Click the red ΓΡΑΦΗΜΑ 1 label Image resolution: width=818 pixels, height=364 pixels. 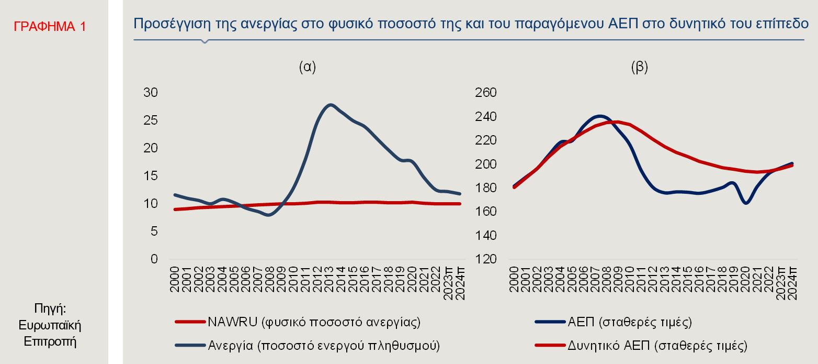tap(50, 27)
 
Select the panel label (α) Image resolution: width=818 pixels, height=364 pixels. tap(307, 67)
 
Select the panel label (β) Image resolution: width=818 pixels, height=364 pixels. tap(639, 67)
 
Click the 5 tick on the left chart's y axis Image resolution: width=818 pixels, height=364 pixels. tap(154, 231)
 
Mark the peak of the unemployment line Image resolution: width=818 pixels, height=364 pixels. tap(330, 105)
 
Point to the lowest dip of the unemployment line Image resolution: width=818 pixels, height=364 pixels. tap(269, 215)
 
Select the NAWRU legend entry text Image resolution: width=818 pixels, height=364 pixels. tap(314, 322)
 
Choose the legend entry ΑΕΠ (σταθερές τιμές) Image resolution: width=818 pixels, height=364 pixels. tap(630, 322)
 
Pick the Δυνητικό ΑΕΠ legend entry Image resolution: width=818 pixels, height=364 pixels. tap(657, 345)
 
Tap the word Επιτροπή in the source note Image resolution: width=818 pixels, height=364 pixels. tap(50, 342)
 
